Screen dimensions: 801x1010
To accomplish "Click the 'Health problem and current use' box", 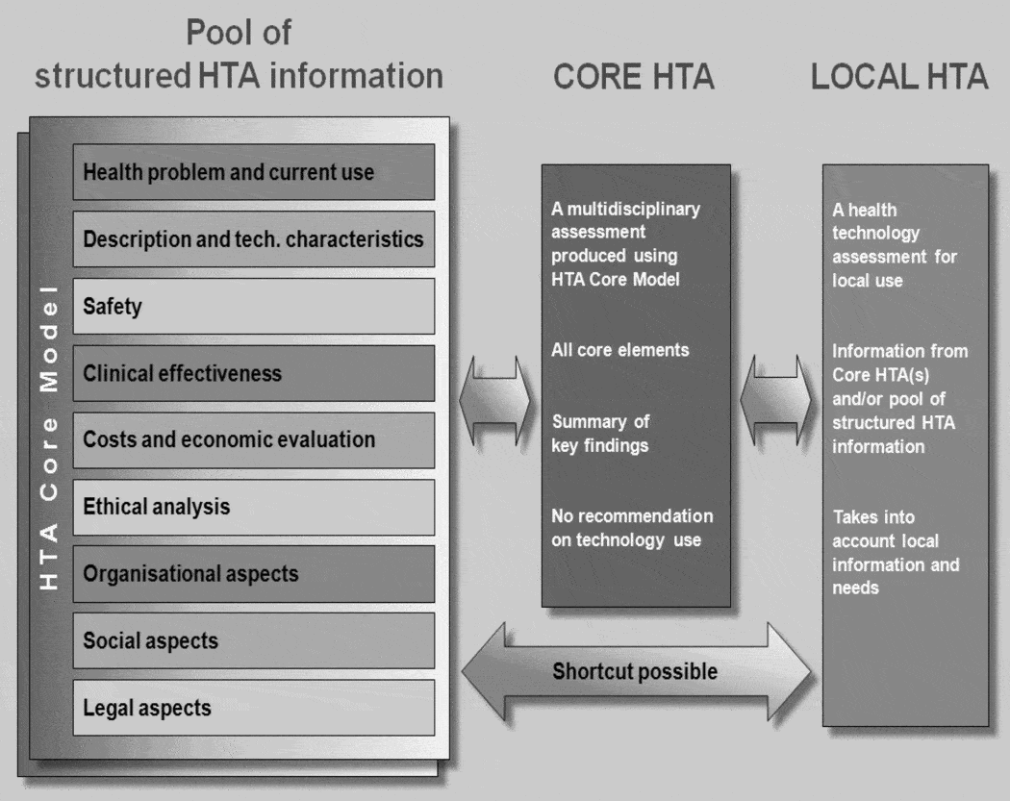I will (254, 173).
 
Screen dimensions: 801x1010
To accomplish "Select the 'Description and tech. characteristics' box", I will (254, 239).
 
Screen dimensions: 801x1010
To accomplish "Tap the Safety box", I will (254, 307).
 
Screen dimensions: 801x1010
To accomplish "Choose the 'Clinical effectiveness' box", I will (254, 373).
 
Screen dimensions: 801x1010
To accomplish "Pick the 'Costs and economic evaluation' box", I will (254, 439).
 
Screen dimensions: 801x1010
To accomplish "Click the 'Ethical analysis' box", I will (254, 507).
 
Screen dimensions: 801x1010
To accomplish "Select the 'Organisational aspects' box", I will (254, 574).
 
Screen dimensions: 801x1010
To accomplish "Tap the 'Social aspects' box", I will (254, 640).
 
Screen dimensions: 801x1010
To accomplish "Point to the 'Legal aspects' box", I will (254, 708).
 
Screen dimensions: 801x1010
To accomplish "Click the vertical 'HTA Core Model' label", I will (49, 438).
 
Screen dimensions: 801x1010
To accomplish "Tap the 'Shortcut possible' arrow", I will (636, 671).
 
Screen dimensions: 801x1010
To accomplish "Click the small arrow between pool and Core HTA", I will (495, 395).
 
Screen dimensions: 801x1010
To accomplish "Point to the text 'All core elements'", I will (620, 350).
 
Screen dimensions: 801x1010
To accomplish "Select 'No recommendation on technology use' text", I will (632, 528).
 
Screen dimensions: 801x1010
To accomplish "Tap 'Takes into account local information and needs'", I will (896, 552).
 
